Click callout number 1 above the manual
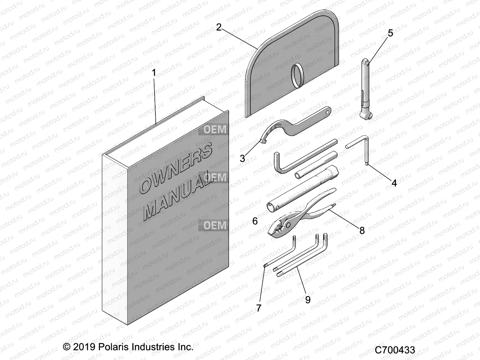click(154, 73)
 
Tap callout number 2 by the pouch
click(219, 27)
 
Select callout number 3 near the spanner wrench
click(242, 158)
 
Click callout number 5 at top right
click(390, 33)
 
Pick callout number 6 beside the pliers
click(255, 221)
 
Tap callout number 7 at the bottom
click(259, 307)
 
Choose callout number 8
click(362, 230)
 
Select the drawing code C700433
click(395, 350)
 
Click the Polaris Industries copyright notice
click(128, 347)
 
